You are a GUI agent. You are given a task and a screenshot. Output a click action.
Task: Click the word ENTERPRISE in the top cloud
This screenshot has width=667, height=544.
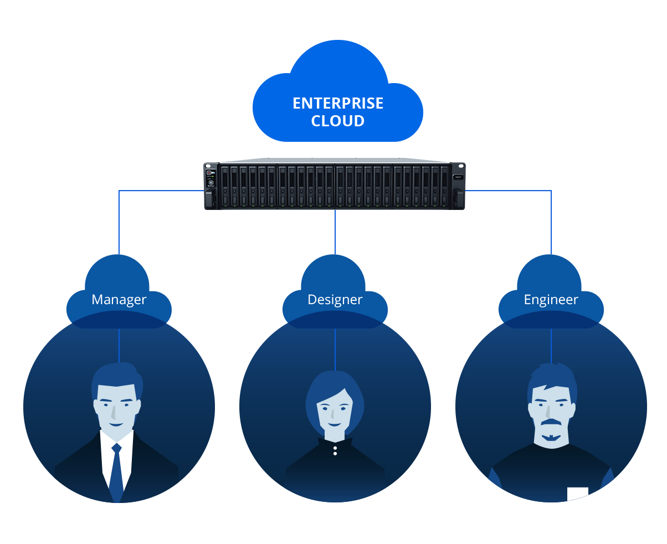[337, 104]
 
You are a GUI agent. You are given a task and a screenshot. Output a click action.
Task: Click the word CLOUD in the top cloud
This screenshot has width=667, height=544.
[337, 121]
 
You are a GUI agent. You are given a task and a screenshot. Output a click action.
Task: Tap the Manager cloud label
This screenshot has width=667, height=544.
[119, 300]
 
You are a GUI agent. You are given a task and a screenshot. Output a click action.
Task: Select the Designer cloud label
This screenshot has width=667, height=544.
[335, 300]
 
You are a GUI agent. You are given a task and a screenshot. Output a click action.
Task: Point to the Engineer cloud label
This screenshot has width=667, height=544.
[551, 300]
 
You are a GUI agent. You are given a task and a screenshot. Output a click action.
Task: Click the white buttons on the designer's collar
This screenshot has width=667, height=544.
[335, 450]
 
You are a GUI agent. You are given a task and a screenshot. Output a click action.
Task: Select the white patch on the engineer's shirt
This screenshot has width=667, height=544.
[577, 492]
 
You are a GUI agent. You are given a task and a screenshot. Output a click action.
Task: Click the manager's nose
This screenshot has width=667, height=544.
[114, 412]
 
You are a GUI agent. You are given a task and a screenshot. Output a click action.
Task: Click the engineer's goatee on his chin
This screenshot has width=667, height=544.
[551, 438]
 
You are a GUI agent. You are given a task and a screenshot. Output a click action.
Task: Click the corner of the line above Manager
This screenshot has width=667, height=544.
[119, 191]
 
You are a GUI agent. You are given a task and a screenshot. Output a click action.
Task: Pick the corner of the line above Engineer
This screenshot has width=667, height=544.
[551, 191]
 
